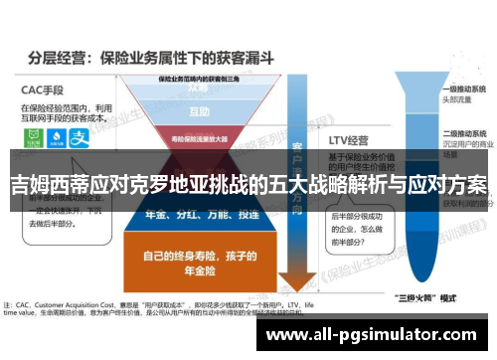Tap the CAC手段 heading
pyautogui.click(x=44, y=88)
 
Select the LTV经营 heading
pyautogui.click(x=350, y=141)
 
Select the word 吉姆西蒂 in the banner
pyautogui.click(x=45, y=185)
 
